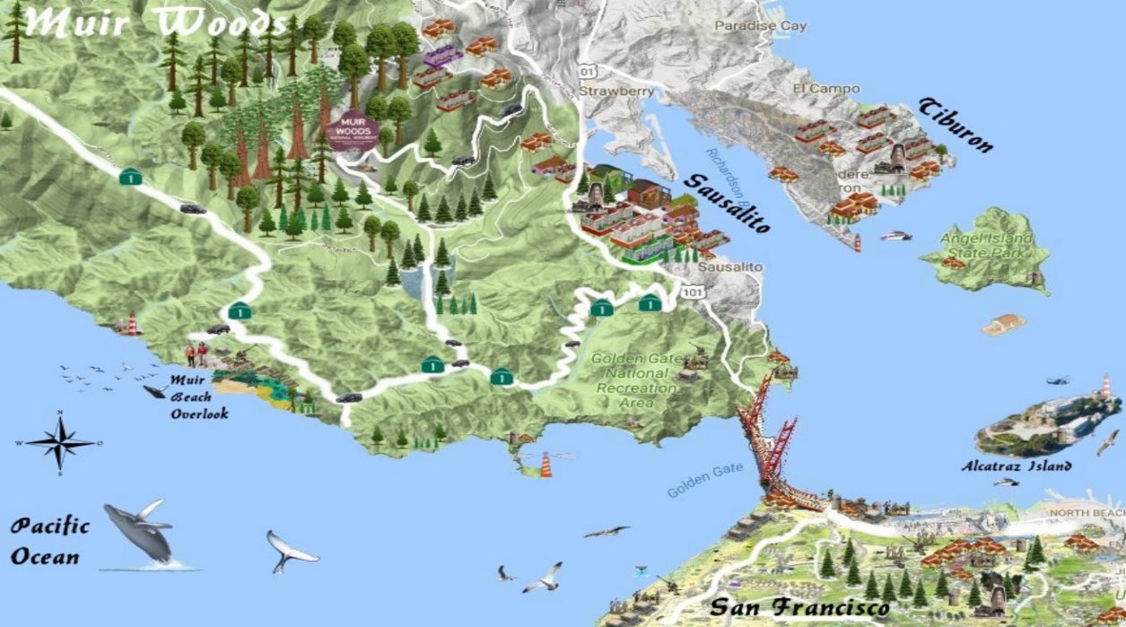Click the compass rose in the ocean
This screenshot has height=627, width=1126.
[60, 442]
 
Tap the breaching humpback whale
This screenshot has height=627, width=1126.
[139, 533]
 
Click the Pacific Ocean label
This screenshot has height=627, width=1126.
[50, 541]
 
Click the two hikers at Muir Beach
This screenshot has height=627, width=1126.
[196, 353]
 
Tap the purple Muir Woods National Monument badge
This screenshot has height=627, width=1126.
[353, 133]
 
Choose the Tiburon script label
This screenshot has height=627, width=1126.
[955, 126]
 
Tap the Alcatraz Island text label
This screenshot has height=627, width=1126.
[1016, 466]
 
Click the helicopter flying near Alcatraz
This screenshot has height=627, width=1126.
[1059, 380]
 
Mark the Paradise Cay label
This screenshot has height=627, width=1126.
[760, 26]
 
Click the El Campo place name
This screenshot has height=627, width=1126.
[825, 89]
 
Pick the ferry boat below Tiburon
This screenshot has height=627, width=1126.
[895, 236]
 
